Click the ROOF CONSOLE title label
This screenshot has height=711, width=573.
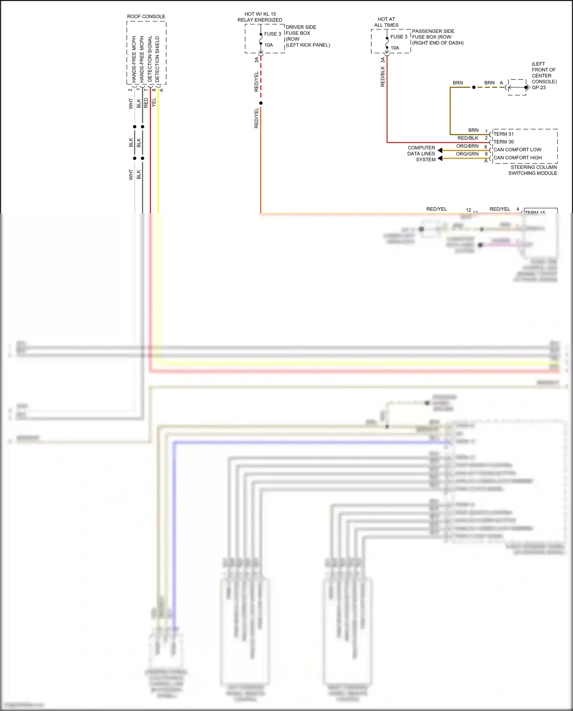coord(146,16)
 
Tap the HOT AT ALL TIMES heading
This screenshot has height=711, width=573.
coord(386,22)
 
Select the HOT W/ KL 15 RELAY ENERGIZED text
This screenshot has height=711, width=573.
coord(260,17)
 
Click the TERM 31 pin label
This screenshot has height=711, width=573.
coord(503,134)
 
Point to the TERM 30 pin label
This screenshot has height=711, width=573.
coord(503,142)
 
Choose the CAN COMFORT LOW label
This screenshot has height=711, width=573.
coord(517,150)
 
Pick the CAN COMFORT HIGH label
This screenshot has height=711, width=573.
coord(518,158)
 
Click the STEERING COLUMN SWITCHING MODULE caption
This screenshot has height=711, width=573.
coord(533,170)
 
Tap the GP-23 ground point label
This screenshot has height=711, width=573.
coord(539,87)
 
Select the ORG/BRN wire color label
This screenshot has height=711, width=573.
coord(467,146)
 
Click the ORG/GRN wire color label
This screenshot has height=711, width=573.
coord(467,154)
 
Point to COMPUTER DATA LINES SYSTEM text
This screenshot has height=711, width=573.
coord(421,154)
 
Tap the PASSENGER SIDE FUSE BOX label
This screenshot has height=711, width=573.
coord(437,37)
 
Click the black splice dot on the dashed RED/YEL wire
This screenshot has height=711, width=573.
coord(261,103)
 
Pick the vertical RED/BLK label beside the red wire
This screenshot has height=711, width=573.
coord(382,77)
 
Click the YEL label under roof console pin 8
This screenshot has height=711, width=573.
coord(154,102)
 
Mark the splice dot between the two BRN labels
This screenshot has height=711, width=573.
coord(474,87)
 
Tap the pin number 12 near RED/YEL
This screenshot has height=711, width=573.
coord(468,210)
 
